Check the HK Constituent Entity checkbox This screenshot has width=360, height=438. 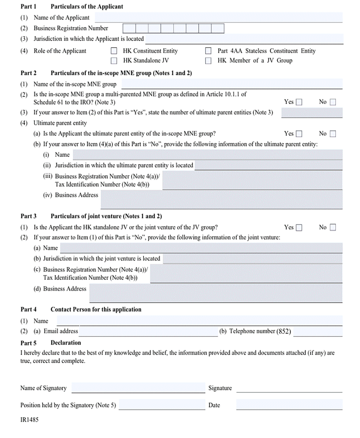pos(114,51)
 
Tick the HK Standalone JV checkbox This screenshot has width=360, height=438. pos(114,61)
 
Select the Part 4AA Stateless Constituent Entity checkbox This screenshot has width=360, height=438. pos(209,51)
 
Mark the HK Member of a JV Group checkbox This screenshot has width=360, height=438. pos(209,61)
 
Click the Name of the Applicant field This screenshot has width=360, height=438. pos(218,18)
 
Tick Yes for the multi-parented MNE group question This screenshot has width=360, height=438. pos(299,102)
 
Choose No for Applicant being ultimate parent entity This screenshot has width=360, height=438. pos(332,134)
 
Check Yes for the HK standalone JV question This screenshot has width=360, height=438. pos(299,227)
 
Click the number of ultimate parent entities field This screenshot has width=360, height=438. pos(312,113)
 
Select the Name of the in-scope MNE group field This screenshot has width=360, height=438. pos(232,84)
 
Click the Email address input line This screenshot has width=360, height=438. pos(148,331)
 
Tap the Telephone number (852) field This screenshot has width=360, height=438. pos(318,331)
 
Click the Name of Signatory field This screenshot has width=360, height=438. pos(138,388)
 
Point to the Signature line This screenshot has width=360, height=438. pos(289,388)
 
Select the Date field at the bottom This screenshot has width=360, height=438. pos(289,405)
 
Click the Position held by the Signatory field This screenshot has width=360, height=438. pos(162,405)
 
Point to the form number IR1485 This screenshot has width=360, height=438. pos(29,420)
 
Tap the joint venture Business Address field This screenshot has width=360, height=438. pos(216,293)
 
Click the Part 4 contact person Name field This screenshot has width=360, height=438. pos(199,321)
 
